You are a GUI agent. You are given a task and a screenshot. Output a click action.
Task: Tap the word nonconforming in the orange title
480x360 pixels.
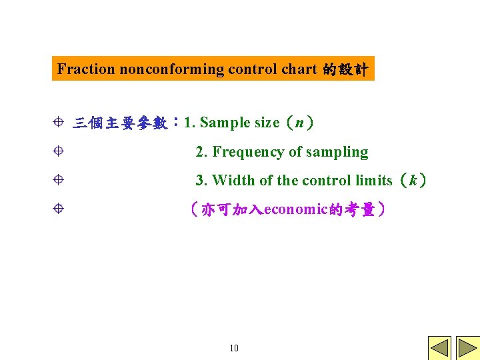click(172, 69)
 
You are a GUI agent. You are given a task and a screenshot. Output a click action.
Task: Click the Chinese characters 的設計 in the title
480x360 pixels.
click(345, 69)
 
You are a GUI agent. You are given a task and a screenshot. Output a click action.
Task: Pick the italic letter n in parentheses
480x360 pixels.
click(300, 122)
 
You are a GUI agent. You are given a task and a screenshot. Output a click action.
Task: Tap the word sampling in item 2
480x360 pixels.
click(337, 152)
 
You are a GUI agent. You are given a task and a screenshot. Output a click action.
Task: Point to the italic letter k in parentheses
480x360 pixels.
click(414, 180)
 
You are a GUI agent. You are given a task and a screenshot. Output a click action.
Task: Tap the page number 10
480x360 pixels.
click(233, 348)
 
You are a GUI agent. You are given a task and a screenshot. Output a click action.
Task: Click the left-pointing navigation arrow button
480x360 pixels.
click(439, 348)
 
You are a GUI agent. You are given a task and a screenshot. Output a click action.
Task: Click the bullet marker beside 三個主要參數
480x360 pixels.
click(58, 122)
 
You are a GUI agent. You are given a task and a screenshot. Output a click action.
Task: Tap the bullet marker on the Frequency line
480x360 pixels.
click(58, 151)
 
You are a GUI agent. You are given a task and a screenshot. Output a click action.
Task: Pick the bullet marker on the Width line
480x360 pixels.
click(58, 180)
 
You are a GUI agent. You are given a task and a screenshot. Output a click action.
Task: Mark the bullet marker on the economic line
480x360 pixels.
click(58, 209)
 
